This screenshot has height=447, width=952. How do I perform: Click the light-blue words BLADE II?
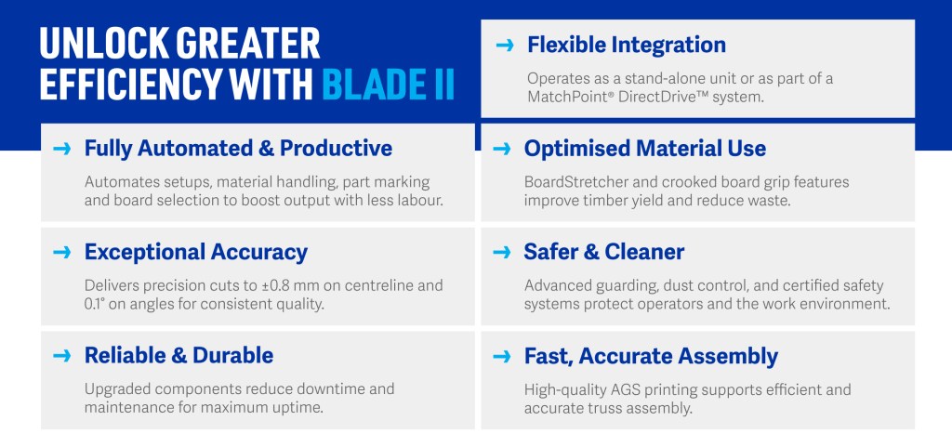[x=388, y=85]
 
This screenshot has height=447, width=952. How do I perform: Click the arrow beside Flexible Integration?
[x=505, y=45]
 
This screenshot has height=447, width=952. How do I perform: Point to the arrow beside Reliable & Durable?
[x=62, y=356]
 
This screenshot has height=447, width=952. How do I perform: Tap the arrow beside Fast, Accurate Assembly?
[x=501, y=356]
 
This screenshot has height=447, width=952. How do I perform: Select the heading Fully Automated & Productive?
[x=238, y=149]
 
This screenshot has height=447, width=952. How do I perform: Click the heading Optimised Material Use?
[x=645, y=149]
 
